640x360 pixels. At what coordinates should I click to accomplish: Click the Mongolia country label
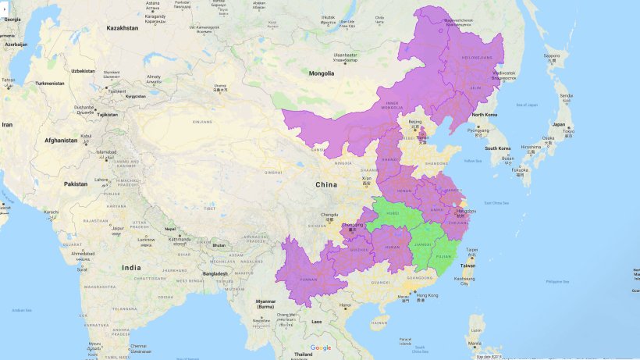[x=321, y=73]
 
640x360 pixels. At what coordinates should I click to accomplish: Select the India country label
[x=131, y=267]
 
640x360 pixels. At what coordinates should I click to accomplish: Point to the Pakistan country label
[x=76, y=184]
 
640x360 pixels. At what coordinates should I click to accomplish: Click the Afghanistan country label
[x=61, y=141]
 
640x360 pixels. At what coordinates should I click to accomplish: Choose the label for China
[x=325, y=184]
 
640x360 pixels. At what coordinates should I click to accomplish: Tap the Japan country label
[x=560, y=124]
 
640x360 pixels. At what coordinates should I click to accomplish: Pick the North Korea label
[x=485, y=115]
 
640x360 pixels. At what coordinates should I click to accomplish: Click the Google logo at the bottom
[x=320, y=348]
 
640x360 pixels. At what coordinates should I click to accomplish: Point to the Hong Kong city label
[x=427, y=295]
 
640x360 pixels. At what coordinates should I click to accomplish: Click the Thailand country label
[x=303, y=354]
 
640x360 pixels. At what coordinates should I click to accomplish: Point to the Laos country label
[x=316, y=321]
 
